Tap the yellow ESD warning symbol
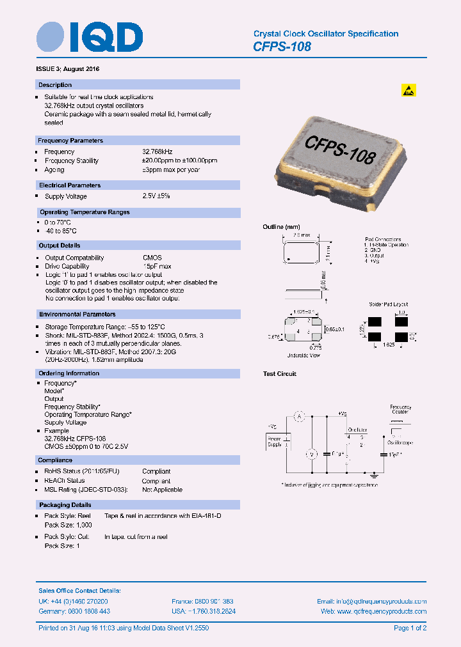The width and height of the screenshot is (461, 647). (408, 90)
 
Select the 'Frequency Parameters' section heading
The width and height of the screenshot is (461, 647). (70, 141)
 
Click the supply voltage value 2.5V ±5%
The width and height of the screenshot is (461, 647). (156, 196)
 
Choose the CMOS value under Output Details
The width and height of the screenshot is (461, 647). (152, 258)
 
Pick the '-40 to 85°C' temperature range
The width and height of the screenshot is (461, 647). (60, 231)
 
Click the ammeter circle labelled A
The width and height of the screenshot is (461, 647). (298, 416)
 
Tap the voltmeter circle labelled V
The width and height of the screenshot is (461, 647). (312, 454)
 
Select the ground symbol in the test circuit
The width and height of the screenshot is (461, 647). (374, 475)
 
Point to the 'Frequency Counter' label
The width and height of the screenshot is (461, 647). (401, 410)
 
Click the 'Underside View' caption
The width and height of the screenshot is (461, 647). (303, 354)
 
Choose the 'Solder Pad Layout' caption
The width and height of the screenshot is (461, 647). (389, 304)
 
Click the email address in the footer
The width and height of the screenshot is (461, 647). (371, 602)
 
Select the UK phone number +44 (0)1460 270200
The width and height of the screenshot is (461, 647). (73, 602)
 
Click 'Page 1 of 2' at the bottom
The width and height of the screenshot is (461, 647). (410, 628)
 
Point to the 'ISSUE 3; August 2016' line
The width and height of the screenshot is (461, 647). (67, 68)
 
